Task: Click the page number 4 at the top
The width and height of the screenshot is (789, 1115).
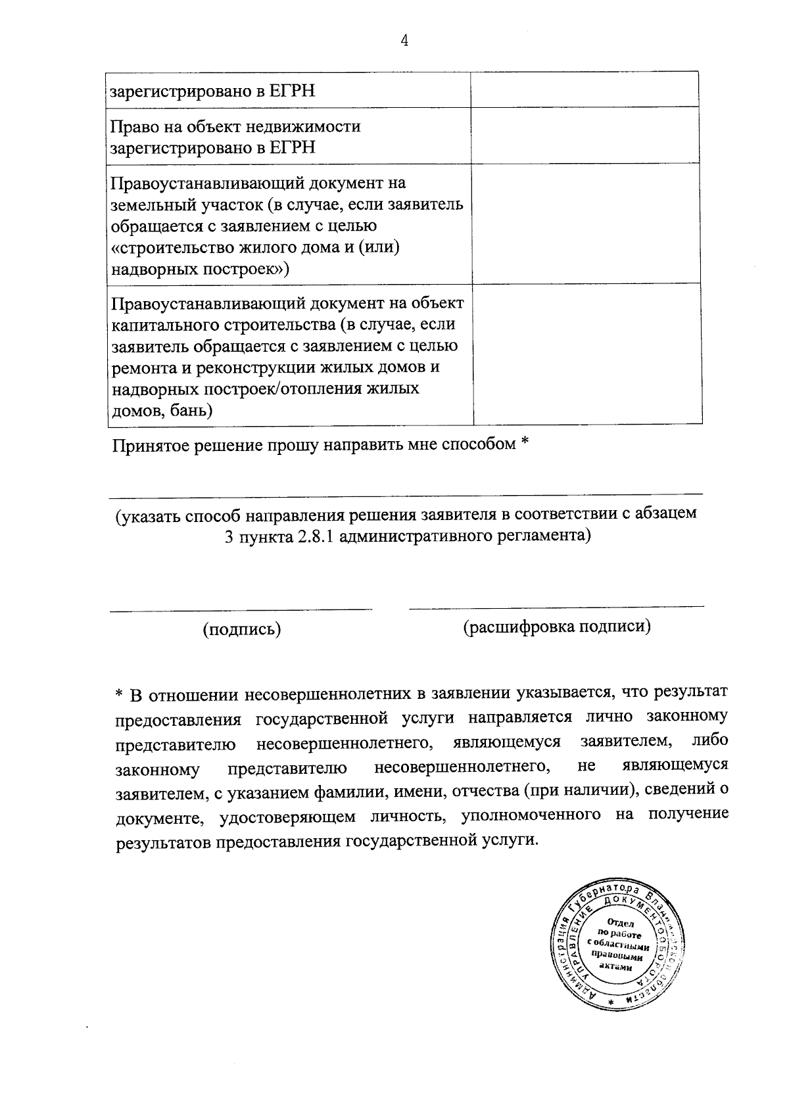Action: [404, 41]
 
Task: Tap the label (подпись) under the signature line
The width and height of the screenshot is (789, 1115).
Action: [242, 629]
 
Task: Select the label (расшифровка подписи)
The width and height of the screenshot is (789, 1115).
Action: [557, 627]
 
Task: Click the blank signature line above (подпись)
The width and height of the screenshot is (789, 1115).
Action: [241, 609]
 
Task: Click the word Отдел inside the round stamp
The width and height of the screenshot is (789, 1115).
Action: [621, 922]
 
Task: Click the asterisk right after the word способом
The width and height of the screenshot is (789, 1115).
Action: [525, 444]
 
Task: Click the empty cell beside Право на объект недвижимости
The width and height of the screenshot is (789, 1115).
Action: [585, 135]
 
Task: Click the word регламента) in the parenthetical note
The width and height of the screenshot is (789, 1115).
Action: [544, 536]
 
